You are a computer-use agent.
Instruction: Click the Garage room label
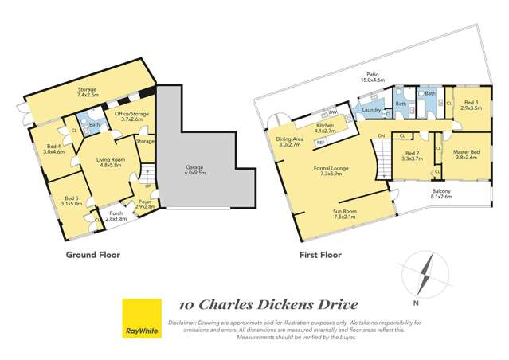pos(194,168)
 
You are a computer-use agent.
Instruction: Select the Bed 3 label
pos(472,103)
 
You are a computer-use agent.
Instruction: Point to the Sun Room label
pos(344,213)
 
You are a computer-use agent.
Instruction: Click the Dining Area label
pos(288,140)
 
